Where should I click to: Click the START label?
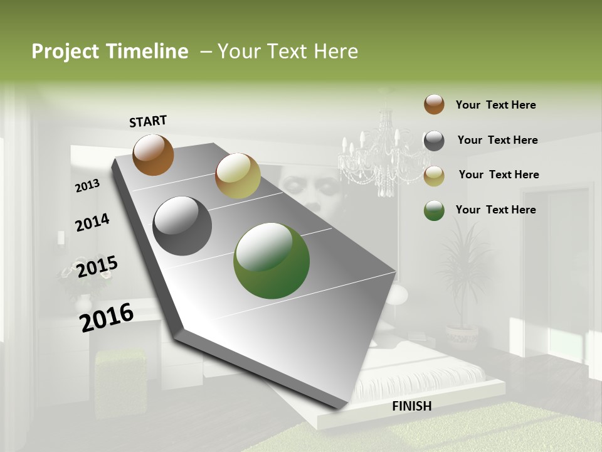pos(148,121)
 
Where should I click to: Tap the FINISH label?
pos(411,406)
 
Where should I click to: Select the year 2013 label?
pos(88,186)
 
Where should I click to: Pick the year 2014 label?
pos(92,223)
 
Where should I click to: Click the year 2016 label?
pos(107,318)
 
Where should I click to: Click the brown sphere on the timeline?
pos(153,154)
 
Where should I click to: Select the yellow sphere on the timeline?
pos(238,176)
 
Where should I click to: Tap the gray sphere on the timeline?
pos(182,226)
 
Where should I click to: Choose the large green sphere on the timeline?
pos(271,261)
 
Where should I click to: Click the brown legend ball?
pos(434,105)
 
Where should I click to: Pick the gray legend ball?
pos(434,141)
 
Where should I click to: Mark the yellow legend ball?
pos(434,176)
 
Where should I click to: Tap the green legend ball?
pos(434,210)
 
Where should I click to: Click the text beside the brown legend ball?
pos(495,105)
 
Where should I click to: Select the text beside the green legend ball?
pos(495,210)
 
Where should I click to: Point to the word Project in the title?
pos(65,51)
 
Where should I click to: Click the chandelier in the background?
pos(376,154)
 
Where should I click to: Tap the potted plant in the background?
pos(463,282)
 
